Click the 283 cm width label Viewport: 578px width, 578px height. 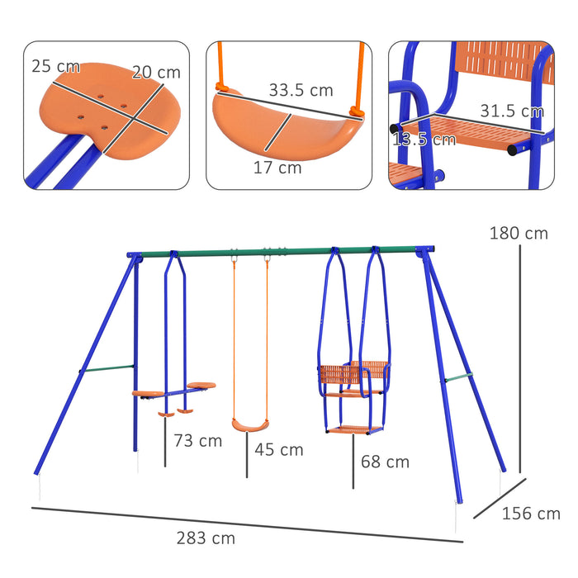(x=205, y=538)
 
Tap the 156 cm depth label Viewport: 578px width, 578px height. (x=531, y=514)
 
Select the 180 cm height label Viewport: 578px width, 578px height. (x=519, y=234)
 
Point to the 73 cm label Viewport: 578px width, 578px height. (x=198, y=441)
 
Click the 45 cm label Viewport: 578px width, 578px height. (x=279, y=450)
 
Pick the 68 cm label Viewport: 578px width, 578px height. (x=385, y=462)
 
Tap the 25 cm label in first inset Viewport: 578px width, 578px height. (x=57, y=66)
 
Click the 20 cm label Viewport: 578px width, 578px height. (x=156, y=72)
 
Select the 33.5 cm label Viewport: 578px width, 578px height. (x=301, y=91)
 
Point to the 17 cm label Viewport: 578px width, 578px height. (x=278, y=168)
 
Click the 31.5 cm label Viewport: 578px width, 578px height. (x=511, y=111)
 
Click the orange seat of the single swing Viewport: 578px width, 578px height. (x=250, y=425)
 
